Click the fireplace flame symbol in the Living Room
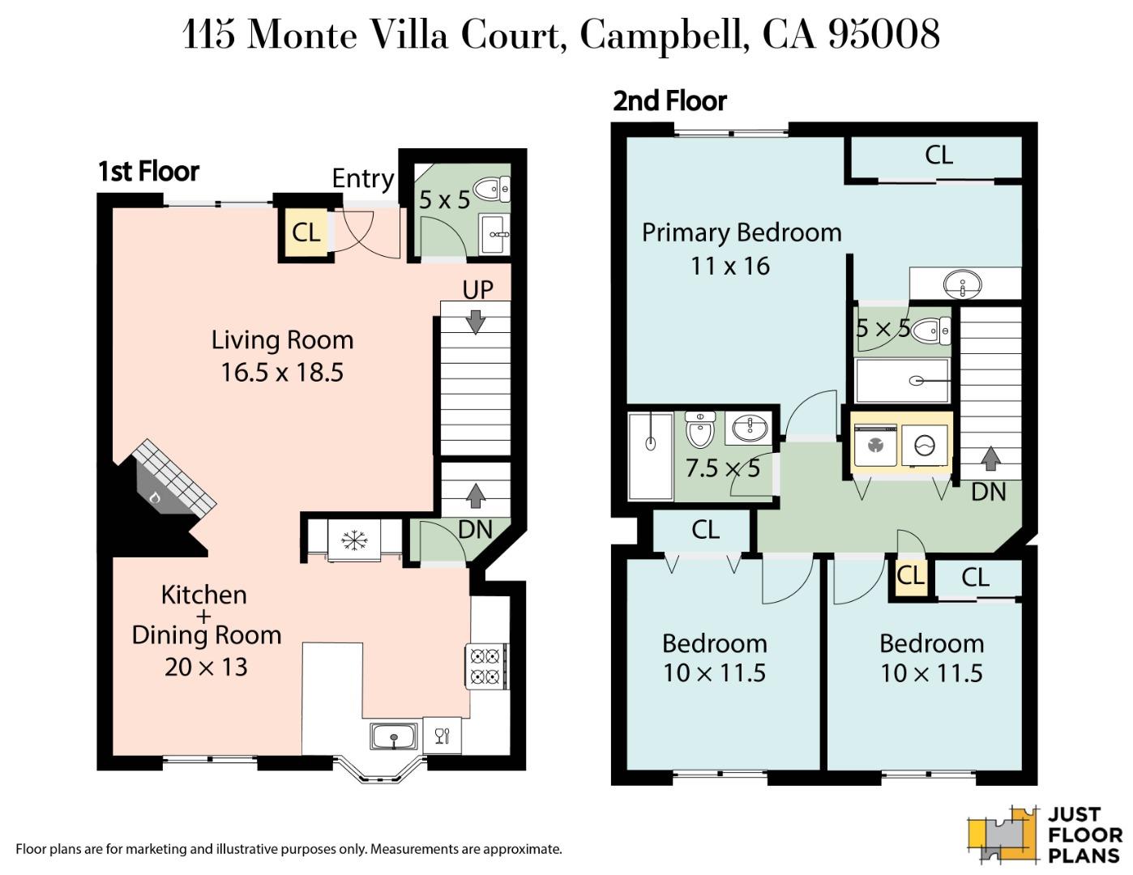155,497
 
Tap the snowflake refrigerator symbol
354,540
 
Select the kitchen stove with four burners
485,665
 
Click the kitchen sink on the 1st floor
394,736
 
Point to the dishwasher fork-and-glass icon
443,736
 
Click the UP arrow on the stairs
476,322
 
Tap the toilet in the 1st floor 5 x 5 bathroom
491,190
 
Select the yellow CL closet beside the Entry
305,233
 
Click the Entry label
362,178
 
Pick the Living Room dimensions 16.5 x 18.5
282,373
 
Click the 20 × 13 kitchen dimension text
206,667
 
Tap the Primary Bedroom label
741,233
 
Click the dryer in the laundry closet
925,445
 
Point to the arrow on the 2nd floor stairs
990,459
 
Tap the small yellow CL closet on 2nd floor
909,576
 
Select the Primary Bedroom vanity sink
963,284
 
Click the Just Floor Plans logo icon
1003,834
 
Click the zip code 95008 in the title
884,34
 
